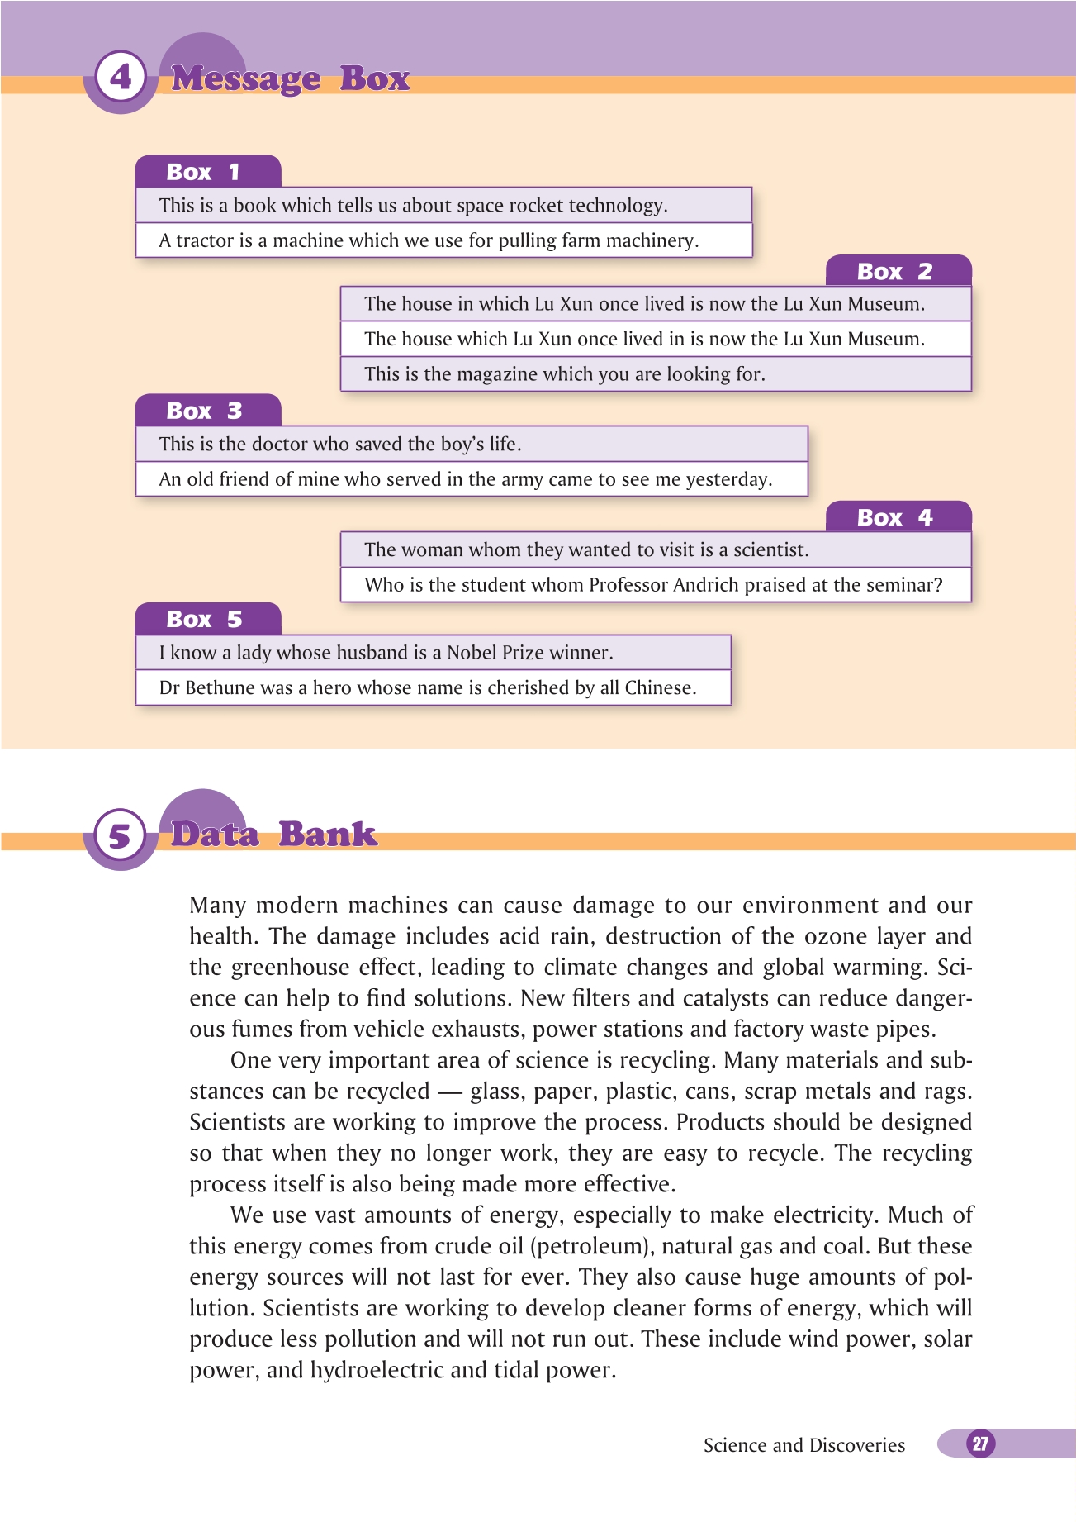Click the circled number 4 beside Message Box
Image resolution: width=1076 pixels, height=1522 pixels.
(121, 78)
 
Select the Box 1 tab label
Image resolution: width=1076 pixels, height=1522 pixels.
(203, 172)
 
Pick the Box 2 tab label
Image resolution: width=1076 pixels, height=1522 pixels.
(894, 271)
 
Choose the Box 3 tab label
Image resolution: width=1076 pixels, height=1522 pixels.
(204, 411)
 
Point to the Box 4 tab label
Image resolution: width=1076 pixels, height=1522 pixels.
(894, 517)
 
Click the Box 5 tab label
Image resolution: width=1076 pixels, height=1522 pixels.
(204, 619)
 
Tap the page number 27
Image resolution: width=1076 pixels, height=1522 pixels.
(980, 1444)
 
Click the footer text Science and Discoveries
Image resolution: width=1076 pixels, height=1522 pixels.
(803, 1445)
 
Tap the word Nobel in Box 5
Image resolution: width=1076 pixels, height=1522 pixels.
(472, 653)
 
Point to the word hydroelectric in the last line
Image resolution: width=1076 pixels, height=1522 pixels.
(377, 1370)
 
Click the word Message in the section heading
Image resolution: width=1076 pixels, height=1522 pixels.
(245, 78)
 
